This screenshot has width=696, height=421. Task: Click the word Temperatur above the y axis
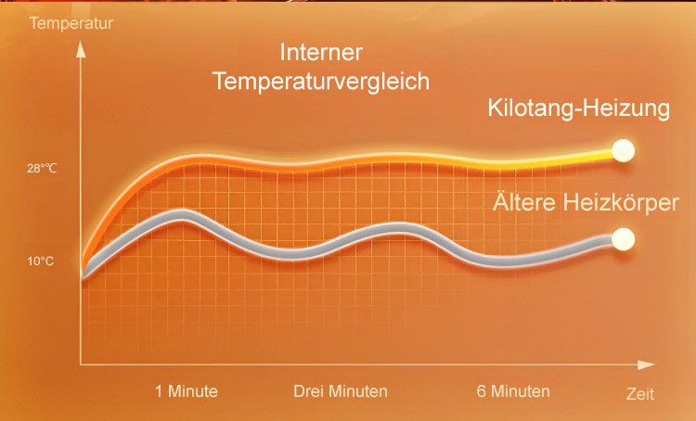pyautogui.click(x=71, y=23)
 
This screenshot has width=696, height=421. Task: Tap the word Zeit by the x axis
pyautogui.click(x=640, y=394)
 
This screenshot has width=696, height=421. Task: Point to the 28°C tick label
pyautogui.click(x=42, y=169)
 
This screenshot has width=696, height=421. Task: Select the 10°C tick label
pyautogui.click(x=41, y=261)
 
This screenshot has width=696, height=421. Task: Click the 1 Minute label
pyautogui.click(x=187, y=391)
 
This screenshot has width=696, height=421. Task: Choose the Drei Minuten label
pyautogui.click(x=341, y=391)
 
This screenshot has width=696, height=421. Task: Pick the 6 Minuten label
pyautogui.click(x=513, y=391)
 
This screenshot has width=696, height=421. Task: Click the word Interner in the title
pyautogui.click(x=321, y=52)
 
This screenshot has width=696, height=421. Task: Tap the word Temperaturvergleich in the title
pyautogui.click(x=321, y=82)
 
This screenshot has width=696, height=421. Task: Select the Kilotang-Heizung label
pyautogui.click(x=579, y=108)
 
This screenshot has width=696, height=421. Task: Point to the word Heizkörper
pyautogui.click(x=621, y=203)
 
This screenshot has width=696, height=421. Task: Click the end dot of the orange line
pyautogui.click(x=624, y=151)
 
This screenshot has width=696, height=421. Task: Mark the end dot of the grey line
pyautogui.click(x=624, y=239)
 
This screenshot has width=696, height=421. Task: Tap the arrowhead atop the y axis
pyautogui.click(x=81, y=49)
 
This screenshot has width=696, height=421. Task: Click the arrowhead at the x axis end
pyautogui.click(x=646, y=364)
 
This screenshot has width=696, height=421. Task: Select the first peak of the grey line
pyautogui.click(x=183, y=215)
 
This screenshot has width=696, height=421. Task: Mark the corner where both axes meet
pyautogui.click(x=81, y=364)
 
